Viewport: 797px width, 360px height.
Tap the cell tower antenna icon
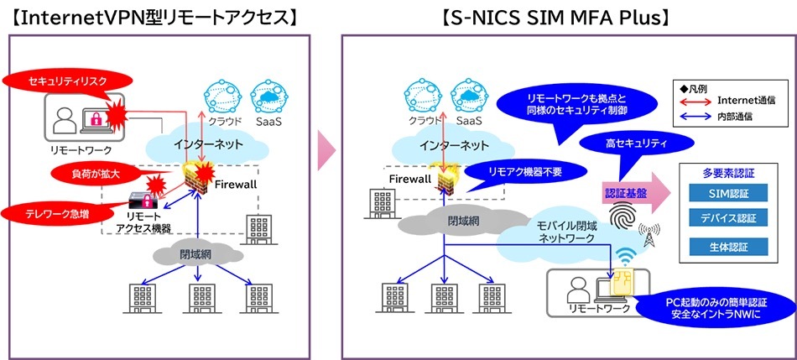649,234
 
